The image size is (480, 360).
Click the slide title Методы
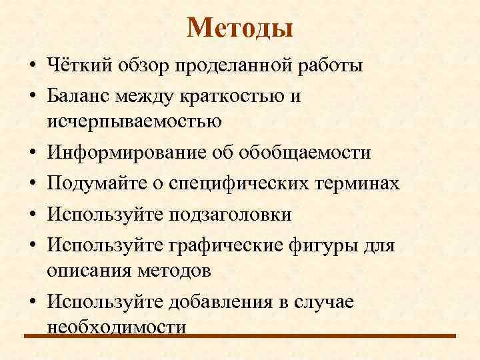click(240, 27)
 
